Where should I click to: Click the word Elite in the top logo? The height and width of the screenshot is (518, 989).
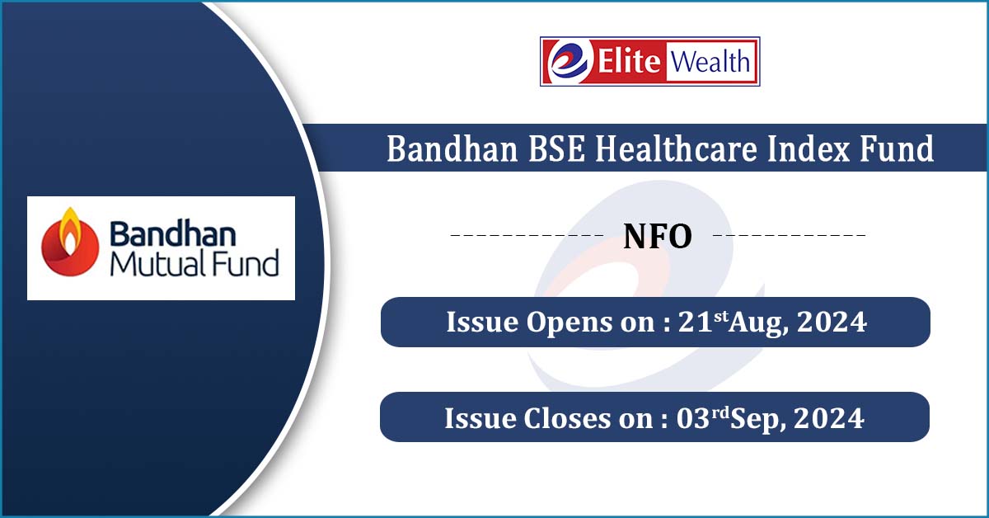tap(629, 61)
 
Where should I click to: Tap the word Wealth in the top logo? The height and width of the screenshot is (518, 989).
tap(710, 61)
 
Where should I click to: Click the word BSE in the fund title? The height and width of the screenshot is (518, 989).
tap(556, 148)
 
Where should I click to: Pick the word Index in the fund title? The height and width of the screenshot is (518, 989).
tap(808, 148)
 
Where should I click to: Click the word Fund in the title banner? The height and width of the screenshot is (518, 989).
tap(897, 148)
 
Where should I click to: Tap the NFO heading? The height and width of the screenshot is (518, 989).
tap(658, 237)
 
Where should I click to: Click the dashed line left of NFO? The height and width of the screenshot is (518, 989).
tap(527, 235)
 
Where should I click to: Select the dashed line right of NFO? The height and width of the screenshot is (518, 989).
tap(789, 235)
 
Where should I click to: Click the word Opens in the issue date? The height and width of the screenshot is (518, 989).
tap(568, 323)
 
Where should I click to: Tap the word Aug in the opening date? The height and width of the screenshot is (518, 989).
tap(758, 323)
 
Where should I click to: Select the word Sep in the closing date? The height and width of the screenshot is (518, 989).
tap(758, 420)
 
